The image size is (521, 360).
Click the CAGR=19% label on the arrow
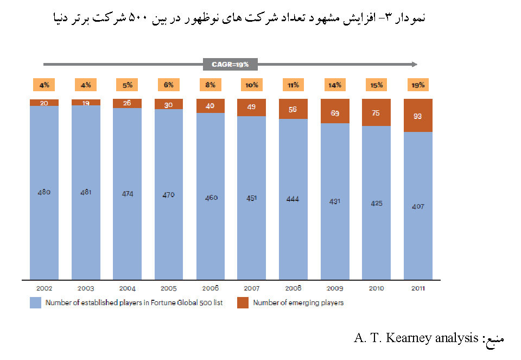[230, 65]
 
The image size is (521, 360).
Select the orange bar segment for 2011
[418, 116]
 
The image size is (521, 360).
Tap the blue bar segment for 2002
[45, 193]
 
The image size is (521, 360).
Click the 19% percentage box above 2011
[418, 85]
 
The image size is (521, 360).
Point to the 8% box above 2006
[211, 85]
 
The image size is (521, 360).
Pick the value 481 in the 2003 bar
[86, 192]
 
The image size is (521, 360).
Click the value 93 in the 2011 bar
[418, 116]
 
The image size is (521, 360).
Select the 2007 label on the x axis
[252, 288]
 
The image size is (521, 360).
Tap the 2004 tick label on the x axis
[127, 288]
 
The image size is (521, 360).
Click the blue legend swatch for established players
[35, 303]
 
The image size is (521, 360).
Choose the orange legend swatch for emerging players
[243, 303]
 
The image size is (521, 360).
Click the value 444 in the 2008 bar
[294, 199]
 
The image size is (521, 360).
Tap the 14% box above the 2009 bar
[335, 85]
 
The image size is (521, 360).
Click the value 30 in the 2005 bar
[169, 105]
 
